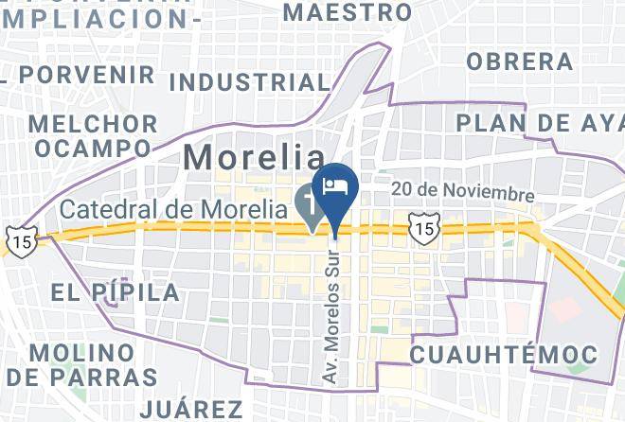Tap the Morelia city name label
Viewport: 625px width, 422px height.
coord(253,157)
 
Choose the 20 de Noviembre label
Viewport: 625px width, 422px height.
coord(463,192)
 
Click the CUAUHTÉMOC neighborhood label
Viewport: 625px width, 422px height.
coord(503,355)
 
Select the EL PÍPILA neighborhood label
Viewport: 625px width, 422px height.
coord(116,291)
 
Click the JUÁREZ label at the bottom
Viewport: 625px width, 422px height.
coord(191,409)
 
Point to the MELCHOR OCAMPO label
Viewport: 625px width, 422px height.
coord(93,135)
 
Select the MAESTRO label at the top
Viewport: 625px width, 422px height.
coord(348,12)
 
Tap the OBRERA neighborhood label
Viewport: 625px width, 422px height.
coord(519,62)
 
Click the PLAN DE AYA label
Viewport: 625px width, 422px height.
coord(540,122)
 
